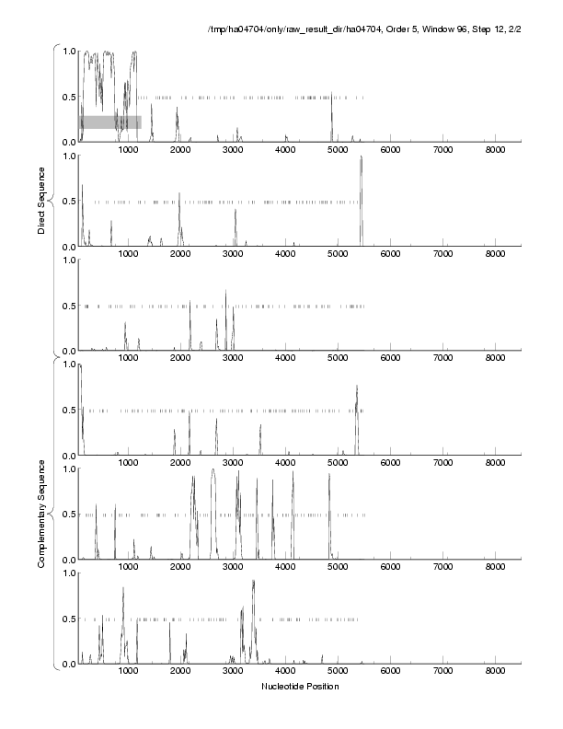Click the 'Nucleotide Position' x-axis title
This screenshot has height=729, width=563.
[299, 687]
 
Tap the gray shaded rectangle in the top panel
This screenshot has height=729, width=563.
[109, 121]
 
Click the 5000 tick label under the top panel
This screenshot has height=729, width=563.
[339, 150]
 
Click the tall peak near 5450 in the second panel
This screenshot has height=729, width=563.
[362, 157]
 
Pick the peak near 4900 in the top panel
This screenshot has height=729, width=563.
[332, 96]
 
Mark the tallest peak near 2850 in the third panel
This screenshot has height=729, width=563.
[225, 291]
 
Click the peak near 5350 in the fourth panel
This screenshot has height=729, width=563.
[356, 387]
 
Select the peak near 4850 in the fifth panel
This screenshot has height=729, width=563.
[329, 474]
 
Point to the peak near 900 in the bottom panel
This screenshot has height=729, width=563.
[123, 588]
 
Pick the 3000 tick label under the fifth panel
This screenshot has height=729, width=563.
[234, 569]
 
